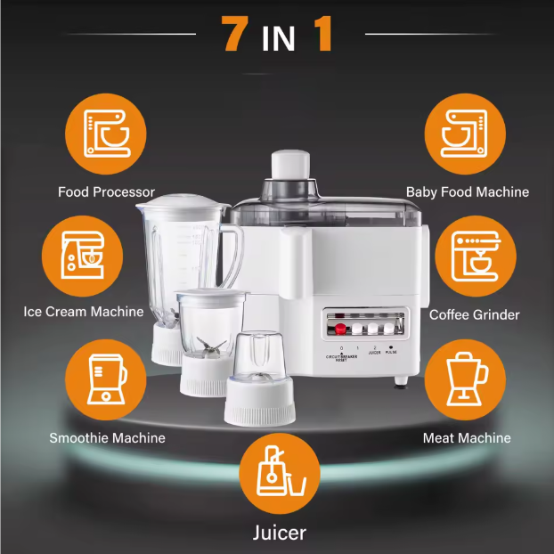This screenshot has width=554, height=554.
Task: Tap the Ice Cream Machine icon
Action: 83,254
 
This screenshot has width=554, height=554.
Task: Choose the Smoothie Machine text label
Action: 107,437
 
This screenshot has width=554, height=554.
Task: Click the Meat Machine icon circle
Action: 466,379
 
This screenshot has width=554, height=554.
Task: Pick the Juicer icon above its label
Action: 277,473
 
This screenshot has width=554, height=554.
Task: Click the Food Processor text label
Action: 106,191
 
